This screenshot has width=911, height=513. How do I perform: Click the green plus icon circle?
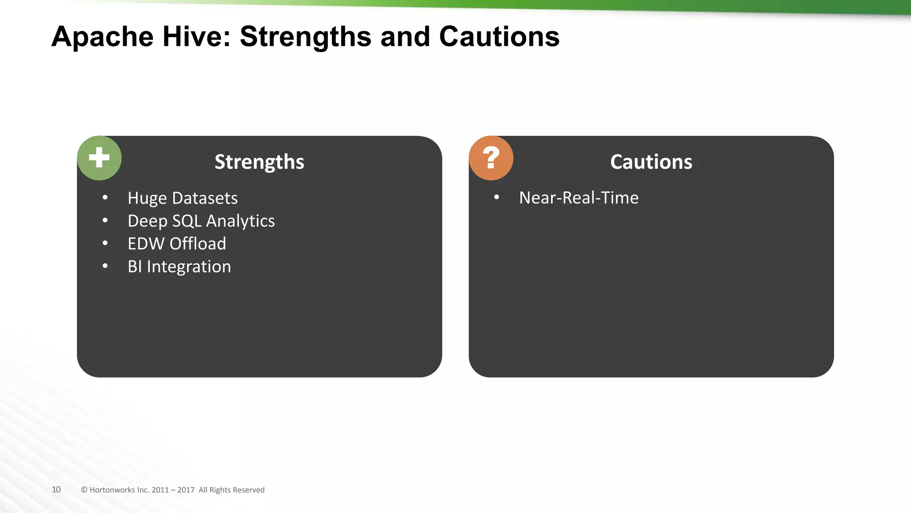click(99, 158)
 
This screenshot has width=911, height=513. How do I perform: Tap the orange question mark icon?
click(491, 158)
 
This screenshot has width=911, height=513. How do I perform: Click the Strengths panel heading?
click(259, 162)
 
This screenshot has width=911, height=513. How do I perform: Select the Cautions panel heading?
click(651, 162)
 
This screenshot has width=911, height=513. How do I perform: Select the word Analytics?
click(240, 221)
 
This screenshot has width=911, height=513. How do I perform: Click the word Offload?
click(198, 244)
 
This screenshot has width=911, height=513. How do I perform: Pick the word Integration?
click(189, 267)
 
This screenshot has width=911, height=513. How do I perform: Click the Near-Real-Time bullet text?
click(579, 198)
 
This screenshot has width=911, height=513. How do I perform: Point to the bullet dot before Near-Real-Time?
click(496, 197)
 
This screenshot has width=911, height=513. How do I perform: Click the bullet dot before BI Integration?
click(105, 266)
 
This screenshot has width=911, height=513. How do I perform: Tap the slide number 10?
click(56, 489)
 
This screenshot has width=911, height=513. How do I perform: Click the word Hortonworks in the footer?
click(112, 490)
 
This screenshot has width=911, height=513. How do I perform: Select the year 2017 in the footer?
click(186, 490)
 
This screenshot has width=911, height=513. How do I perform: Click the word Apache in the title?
click(102, 37)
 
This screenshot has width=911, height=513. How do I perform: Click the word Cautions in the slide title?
click(499, 37)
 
